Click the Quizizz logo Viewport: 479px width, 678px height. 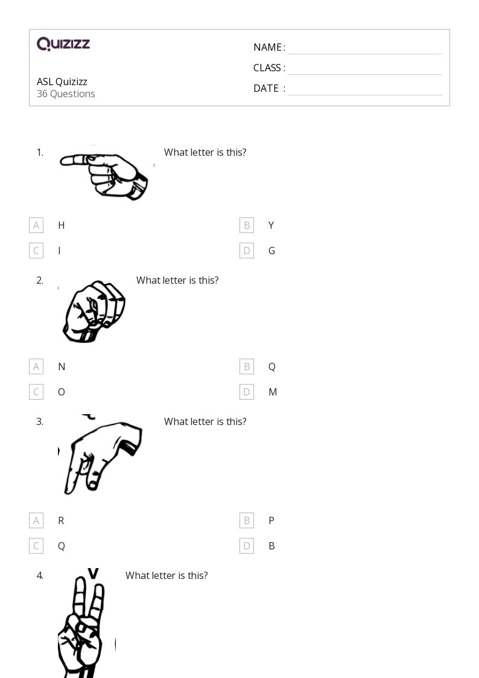coord(63,44)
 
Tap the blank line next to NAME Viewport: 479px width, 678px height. coord(364,48)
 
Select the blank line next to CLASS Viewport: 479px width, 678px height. coord(364,69)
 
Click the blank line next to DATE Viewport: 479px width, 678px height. coord(364,89)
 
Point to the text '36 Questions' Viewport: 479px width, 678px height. coord(66,94)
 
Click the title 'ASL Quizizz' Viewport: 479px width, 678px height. coord(62,82)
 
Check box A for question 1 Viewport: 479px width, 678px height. coord(36,225)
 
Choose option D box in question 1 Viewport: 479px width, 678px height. coord(247,251)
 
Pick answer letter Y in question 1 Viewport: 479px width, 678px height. coord(271,225)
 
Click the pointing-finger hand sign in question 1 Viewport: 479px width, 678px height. coord(106,173)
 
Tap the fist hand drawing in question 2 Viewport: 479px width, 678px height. coord(94,311)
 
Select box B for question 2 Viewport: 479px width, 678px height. coord(247,366)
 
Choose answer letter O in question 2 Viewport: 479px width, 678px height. coord(61,392)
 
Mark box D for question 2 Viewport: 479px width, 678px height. coord(247,392)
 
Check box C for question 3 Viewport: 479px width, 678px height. coord(36,546)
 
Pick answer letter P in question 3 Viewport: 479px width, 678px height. coord(271,520)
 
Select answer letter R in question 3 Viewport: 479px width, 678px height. coord(61,520)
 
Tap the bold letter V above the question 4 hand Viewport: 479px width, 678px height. coord(93,573)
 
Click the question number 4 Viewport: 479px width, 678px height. coord(40,575)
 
